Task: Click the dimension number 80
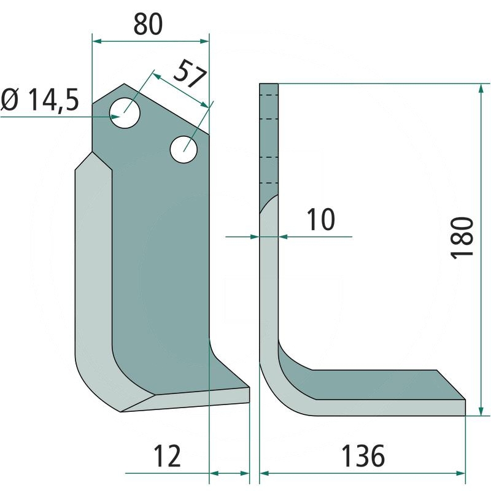148,25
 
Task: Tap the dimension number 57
190,74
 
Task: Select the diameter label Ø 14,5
40,100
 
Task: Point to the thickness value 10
320,220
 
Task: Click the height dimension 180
462,238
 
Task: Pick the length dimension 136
363,456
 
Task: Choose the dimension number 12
167,455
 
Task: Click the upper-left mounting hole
125,113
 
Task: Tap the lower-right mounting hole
184,149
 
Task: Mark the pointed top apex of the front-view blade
124,84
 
